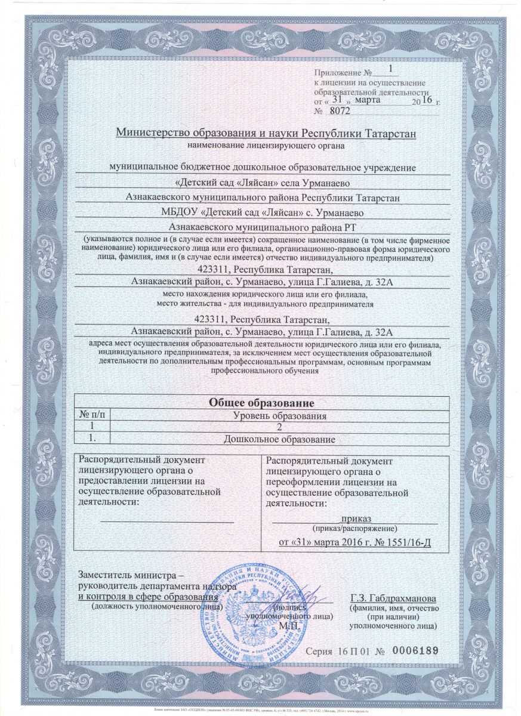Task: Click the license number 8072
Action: [x=340, y=111]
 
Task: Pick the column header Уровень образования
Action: [x=279, y=415]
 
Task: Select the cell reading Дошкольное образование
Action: [x=279, y=440]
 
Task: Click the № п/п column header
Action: [x=91, y=415]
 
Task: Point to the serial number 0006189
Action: [x=413, y=650]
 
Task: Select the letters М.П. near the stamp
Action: [x=291, y=625]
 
